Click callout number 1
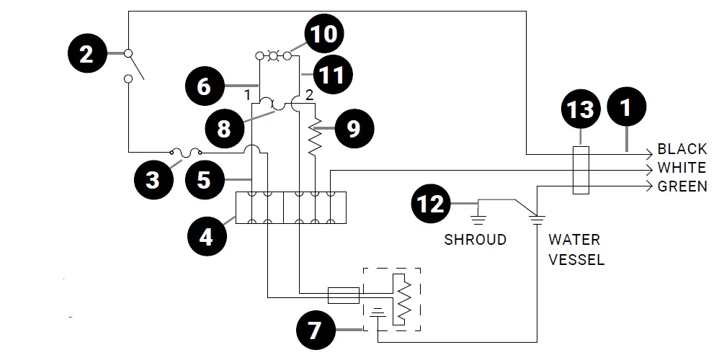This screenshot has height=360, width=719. coord(626,107)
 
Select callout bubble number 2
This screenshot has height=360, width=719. coord(86,54)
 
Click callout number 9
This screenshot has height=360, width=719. coord(352,128)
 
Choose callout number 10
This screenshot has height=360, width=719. coord(323,34)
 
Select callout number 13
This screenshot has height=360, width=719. coord(581,109)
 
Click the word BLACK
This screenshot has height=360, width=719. coord(682,150)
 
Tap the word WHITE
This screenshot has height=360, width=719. coord(682,168)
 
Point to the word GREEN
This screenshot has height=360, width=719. coord(682,186)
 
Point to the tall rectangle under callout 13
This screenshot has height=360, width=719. coord(581,171)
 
